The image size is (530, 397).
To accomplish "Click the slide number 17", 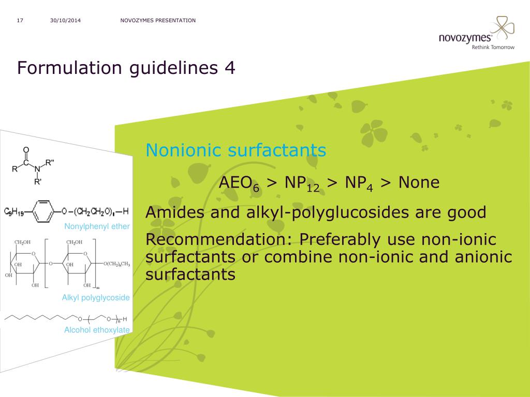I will pos(20,21).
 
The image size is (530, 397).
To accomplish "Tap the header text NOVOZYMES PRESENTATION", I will pos(158,21).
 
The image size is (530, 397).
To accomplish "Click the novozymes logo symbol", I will pos(502,28).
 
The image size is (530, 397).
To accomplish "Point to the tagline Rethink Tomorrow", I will pos(493,47).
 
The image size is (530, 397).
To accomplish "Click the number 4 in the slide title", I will pos(230,68).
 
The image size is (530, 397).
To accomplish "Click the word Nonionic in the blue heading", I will pos(184,150).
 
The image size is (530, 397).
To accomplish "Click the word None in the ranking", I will pos(419,182).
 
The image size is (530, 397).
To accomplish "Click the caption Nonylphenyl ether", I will pos(97,226).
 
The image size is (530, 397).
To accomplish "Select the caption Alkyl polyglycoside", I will pos(96,298).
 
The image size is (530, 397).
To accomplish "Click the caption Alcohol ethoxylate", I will pos(97,330).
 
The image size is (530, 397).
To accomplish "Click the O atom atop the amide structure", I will pos(26,150).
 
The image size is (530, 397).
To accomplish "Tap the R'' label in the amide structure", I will pos(50,162).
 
